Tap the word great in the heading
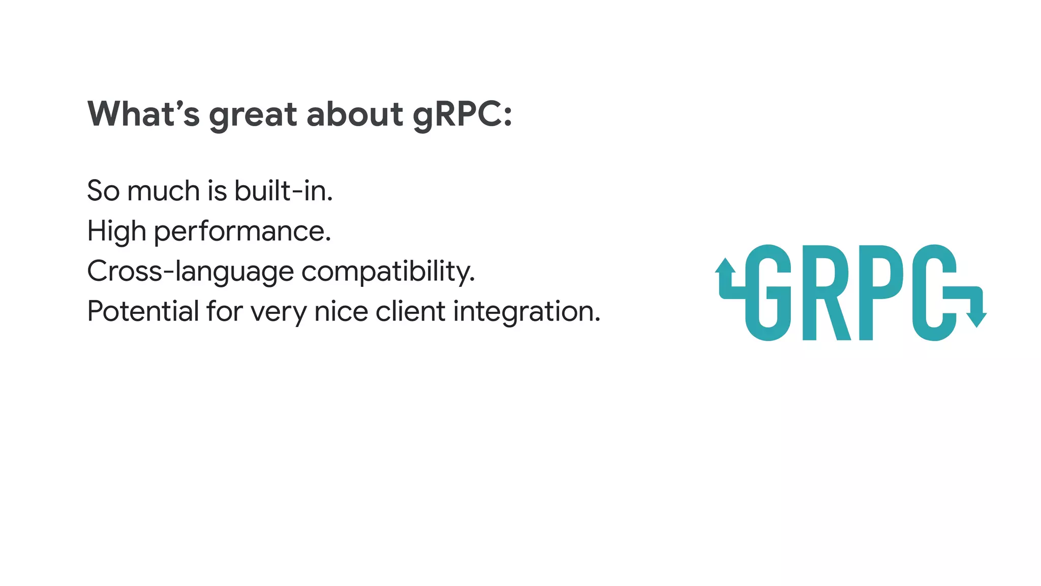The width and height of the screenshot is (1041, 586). [x=253, y=115]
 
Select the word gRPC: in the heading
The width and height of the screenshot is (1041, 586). [x=462, y=115]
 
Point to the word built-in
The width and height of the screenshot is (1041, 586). [x=283, y=191]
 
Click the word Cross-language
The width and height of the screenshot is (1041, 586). [x=190, y=272]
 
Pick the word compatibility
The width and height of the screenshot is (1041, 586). [x=388, y=272]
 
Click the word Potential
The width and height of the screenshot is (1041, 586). [x=143, y=311]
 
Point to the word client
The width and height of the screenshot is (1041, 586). [x=410, y=311]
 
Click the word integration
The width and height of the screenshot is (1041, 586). [x=527, y=312]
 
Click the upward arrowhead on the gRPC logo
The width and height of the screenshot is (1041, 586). [x=725, y=266]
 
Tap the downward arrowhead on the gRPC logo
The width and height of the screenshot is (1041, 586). [x=976, y=319]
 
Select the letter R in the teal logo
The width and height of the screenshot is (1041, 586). [x=826, y=292]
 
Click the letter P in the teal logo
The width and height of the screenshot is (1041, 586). [x=881, y=292]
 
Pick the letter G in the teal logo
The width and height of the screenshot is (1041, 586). [x=768, y=292]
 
